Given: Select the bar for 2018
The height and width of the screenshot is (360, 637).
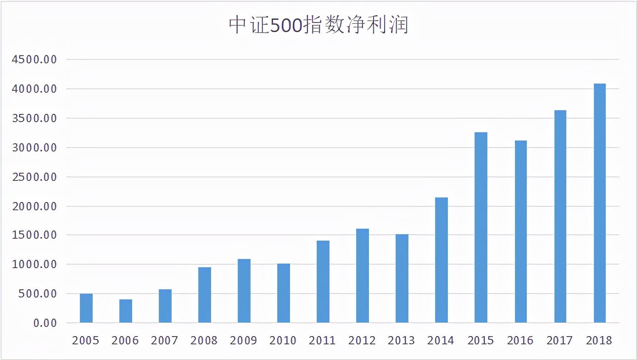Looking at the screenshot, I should click(x=599, y=203).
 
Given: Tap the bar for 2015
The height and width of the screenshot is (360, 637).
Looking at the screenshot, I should click(x=481, y=227).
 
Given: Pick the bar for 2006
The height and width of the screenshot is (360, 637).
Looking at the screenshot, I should click(x=126, y=311).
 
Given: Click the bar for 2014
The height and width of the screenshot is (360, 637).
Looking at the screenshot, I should click(x=441, y=260).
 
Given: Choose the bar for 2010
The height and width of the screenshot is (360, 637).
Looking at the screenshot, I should click(x=284, y=293).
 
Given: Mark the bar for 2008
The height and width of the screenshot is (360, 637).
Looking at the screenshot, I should click(x=205, y=295).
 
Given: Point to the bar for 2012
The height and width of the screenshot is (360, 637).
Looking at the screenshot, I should click(x=363, y=276).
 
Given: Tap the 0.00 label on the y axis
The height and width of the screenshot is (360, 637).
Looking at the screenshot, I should click(x=45, y=323).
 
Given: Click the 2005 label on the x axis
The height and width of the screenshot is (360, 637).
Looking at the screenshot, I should click(x=86, y=340).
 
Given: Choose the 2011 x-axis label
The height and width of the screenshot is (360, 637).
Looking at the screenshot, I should click(x=323, y=340).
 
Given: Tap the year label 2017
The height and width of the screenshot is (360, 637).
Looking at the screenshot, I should click(x=559, y=340).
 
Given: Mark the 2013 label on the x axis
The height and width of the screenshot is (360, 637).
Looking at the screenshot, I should click(x=402, y=340).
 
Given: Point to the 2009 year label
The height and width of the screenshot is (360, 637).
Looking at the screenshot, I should click(x=244, y=340).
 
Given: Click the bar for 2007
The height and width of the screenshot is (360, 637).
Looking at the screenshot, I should click(x=165, y=306).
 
